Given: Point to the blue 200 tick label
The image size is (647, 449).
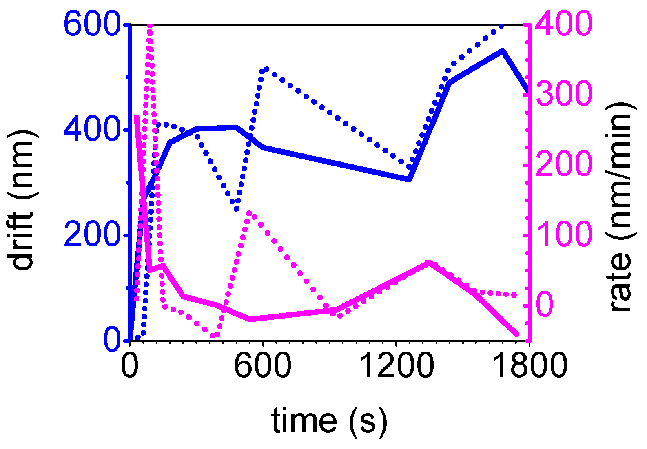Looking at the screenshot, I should click(91, 235).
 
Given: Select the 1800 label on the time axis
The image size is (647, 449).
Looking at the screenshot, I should click(530, 366).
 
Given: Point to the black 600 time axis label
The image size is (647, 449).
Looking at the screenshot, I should click(262, 366).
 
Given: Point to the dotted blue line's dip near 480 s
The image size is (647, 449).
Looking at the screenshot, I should click(237, 208).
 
